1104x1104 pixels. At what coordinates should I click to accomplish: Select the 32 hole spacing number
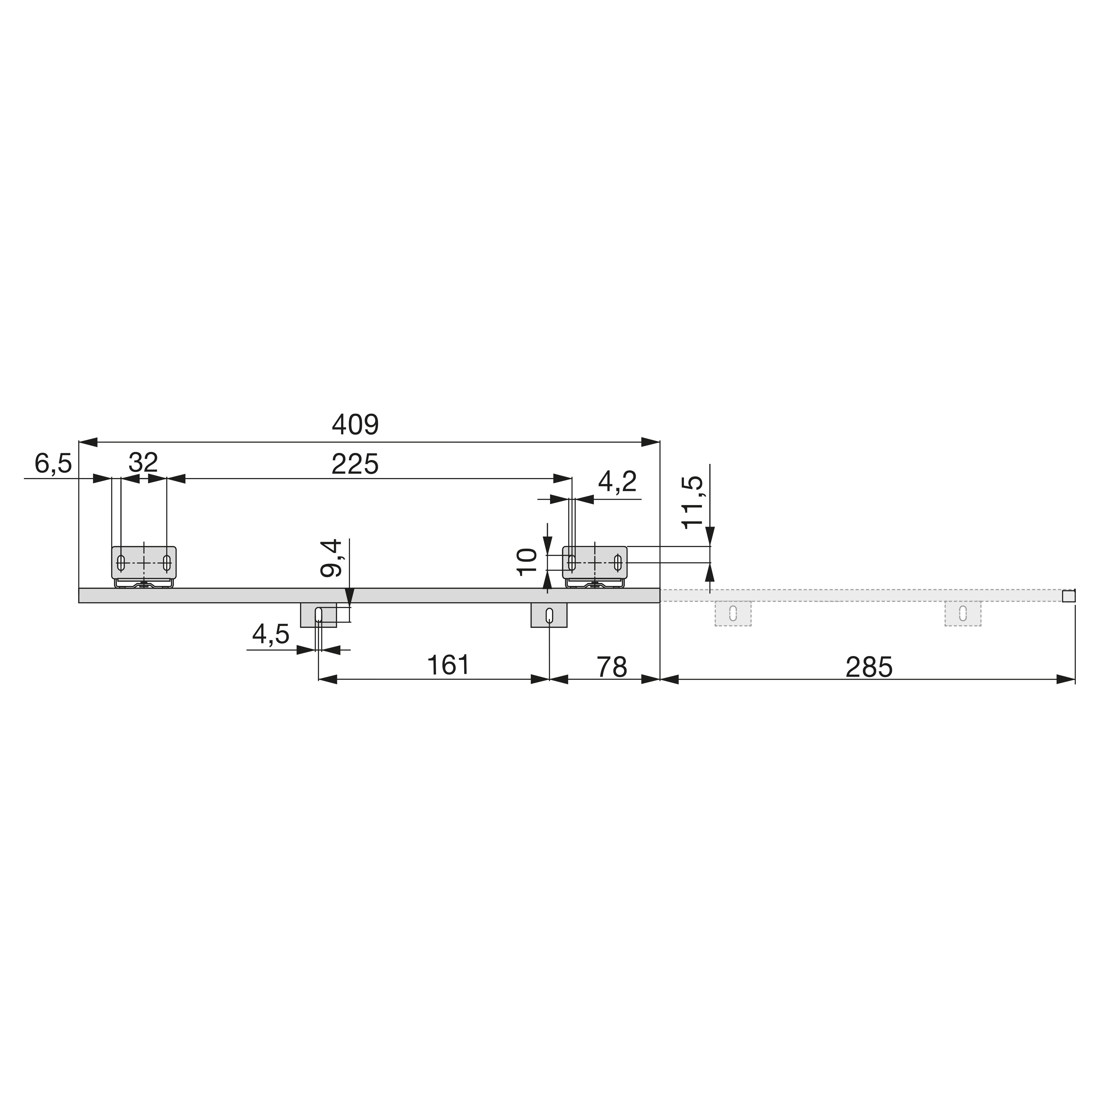(x=143, y=463)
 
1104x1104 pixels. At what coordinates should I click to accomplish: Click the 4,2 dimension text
(x=617, y=483)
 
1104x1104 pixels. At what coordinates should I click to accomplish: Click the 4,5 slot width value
(x=271, y=634)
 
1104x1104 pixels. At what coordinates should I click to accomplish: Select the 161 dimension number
(x=449, y=665)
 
